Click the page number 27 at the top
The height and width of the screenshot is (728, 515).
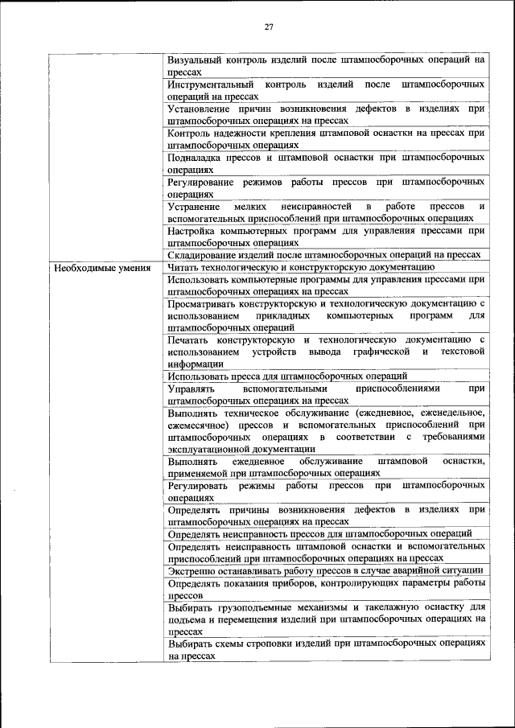pos(269,28)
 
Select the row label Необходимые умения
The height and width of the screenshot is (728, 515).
pos(102,267)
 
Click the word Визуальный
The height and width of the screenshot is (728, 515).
pos(195,60)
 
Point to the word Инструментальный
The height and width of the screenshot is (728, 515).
pos(211,84)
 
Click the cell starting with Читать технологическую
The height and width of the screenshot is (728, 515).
pos(302,267)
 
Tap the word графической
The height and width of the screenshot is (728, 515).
pos(382,352)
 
